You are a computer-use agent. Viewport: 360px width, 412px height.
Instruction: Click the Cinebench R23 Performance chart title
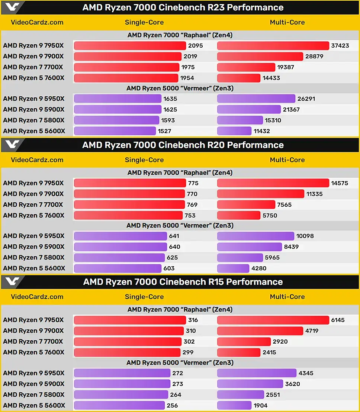tap(183, 7)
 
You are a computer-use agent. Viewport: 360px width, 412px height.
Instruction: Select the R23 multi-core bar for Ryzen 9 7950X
tap(273, 46)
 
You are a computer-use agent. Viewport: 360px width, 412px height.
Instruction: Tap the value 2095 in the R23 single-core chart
tap(196, 46)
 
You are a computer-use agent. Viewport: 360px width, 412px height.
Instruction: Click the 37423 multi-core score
tap(340, 46)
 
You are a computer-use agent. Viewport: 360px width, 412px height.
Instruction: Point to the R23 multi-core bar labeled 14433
tap(238, 78)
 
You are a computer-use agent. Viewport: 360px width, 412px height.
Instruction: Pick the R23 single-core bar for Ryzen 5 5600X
tap(115, 131)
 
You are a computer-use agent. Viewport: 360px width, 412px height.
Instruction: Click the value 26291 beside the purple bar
tap(306, 99)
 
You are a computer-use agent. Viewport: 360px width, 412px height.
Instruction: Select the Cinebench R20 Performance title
tap(183, 145)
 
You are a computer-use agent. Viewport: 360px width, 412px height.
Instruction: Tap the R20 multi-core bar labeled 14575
tap(273, 183)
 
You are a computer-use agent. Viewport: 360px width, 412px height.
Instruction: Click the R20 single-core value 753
tap(190, 215)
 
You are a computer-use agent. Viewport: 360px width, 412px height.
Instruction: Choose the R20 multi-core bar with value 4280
tap(233, 268)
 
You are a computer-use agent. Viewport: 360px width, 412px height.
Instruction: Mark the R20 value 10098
tap(305, 236)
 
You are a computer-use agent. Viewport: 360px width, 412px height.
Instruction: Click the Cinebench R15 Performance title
tap(183, 282)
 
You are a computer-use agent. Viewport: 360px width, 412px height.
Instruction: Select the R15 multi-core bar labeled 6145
tap(273, 320)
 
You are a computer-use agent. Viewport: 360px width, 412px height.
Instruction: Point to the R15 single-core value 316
tap(193, 320)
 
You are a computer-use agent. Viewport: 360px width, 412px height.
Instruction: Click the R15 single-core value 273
tap(178, 384)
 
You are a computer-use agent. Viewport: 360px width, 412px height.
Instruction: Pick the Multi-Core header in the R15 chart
tap(287, 297)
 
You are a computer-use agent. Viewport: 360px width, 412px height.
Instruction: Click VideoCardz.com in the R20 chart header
tap(37, 160)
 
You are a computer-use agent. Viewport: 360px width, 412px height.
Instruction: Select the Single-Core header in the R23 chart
tap(144, 22)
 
